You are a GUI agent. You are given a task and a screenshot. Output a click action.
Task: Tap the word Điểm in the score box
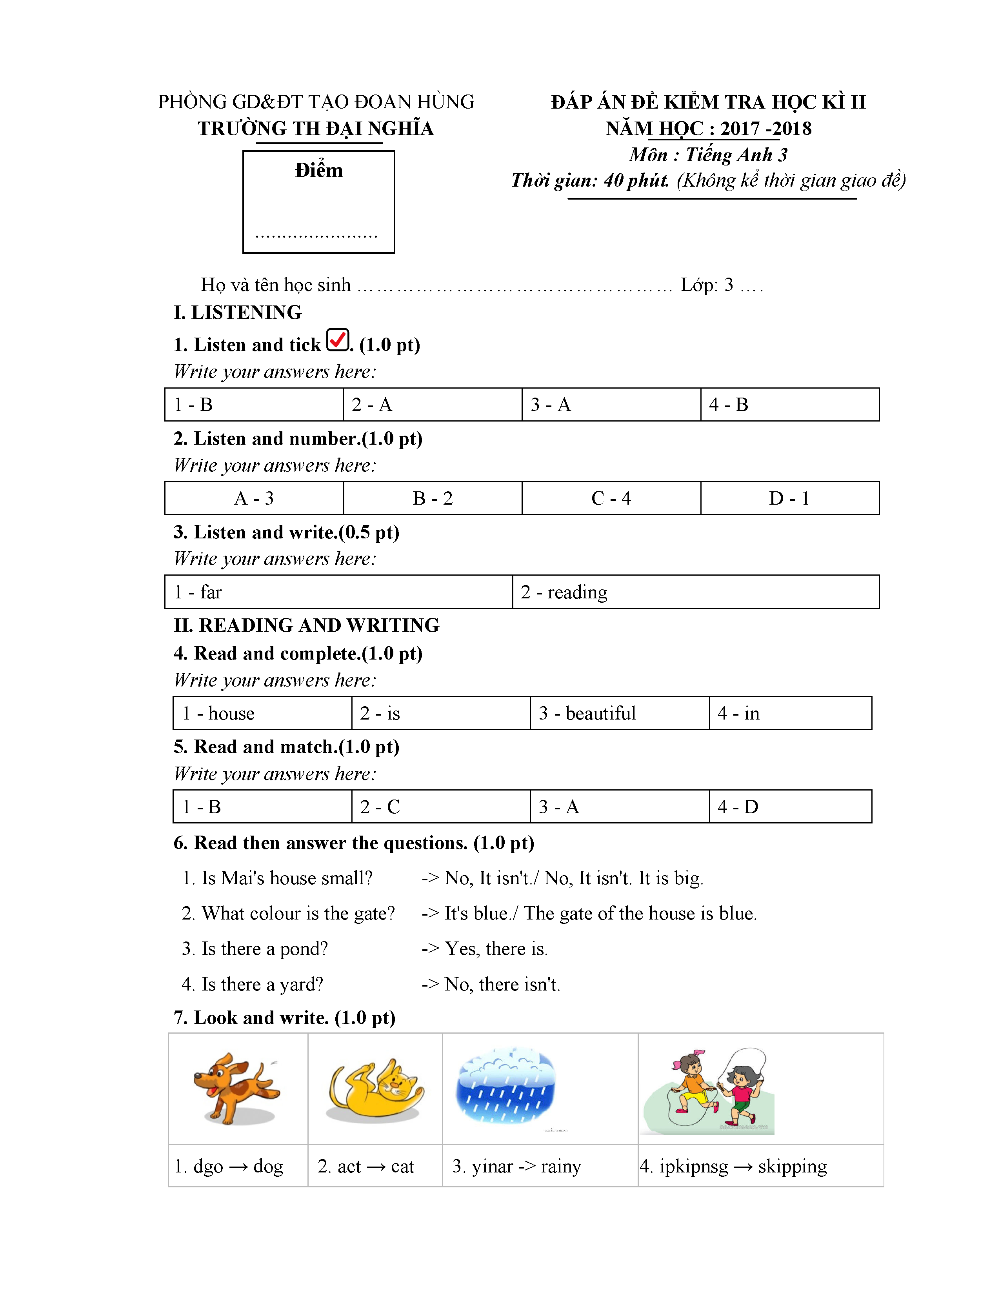(319, 171)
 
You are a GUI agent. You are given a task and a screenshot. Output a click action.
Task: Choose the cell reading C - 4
(611, 498)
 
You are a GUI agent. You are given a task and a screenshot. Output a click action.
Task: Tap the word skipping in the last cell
(792, 1166)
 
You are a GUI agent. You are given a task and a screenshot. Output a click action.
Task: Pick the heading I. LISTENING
(238, 312)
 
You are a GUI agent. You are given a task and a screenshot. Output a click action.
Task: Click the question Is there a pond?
(255, 949)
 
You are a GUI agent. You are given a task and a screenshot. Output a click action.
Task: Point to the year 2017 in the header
(740, 129)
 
